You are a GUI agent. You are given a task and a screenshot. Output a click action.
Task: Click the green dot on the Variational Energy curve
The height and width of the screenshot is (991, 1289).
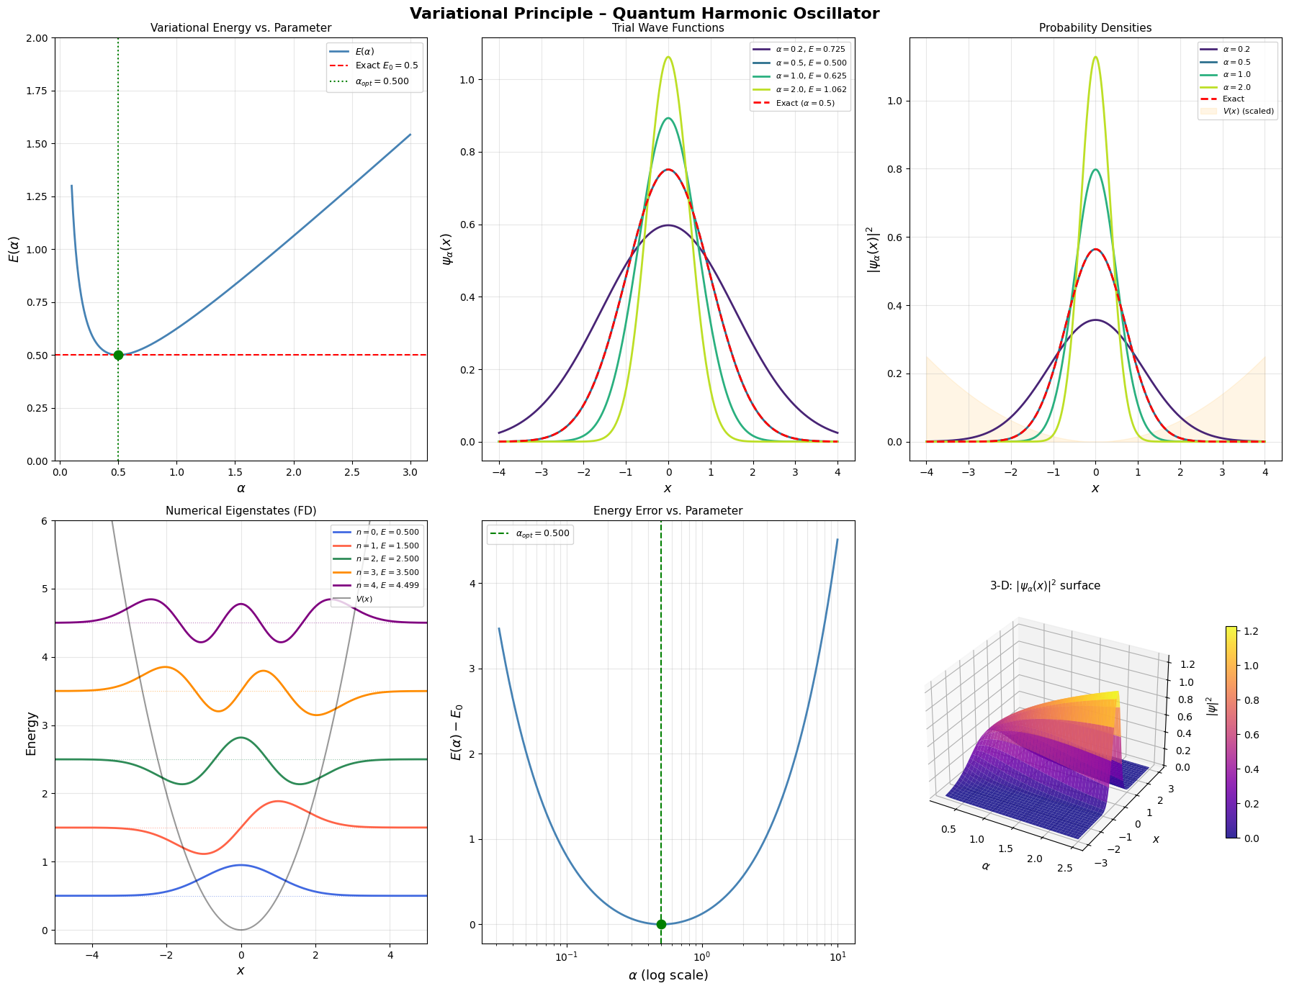pyautogui.click(x=118, y=355)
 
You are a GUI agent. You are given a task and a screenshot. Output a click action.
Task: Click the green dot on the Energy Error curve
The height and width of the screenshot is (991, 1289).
pyautogui.click(x=661, y=924)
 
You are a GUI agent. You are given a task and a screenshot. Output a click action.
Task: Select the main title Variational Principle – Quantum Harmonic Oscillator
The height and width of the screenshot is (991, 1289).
pyautogui.click(x=644, y=13)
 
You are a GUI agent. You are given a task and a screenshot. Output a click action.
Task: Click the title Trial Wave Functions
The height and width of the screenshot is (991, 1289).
pyautogui.click(x=668, y=28)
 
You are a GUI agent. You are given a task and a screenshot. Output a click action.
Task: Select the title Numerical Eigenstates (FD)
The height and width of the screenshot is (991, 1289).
pyautogui.click(x=241, y=511)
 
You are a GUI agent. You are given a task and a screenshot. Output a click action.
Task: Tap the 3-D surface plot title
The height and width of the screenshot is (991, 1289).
pyautogui.click(x=1045, y=586)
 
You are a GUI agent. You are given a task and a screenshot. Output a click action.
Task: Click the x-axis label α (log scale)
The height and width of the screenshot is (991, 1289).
pyautogui.click(x=668, y=976)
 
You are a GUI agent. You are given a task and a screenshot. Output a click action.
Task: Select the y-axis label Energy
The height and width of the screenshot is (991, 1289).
pyautogui.click(x=32, y=733)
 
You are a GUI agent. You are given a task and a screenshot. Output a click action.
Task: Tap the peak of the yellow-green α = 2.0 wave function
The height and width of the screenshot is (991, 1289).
pyautogui.click(x=668, y=57)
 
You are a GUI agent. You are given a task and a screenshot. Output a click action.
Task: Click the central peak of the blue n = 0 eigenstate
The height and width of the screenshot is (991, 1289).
pyautogui.click(x=241, y=865)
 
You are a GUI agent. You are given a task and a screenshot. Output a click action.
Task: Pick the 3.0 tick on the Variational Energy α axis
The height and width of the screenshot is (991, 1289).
pyautogui.click(x=410, y=472)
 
